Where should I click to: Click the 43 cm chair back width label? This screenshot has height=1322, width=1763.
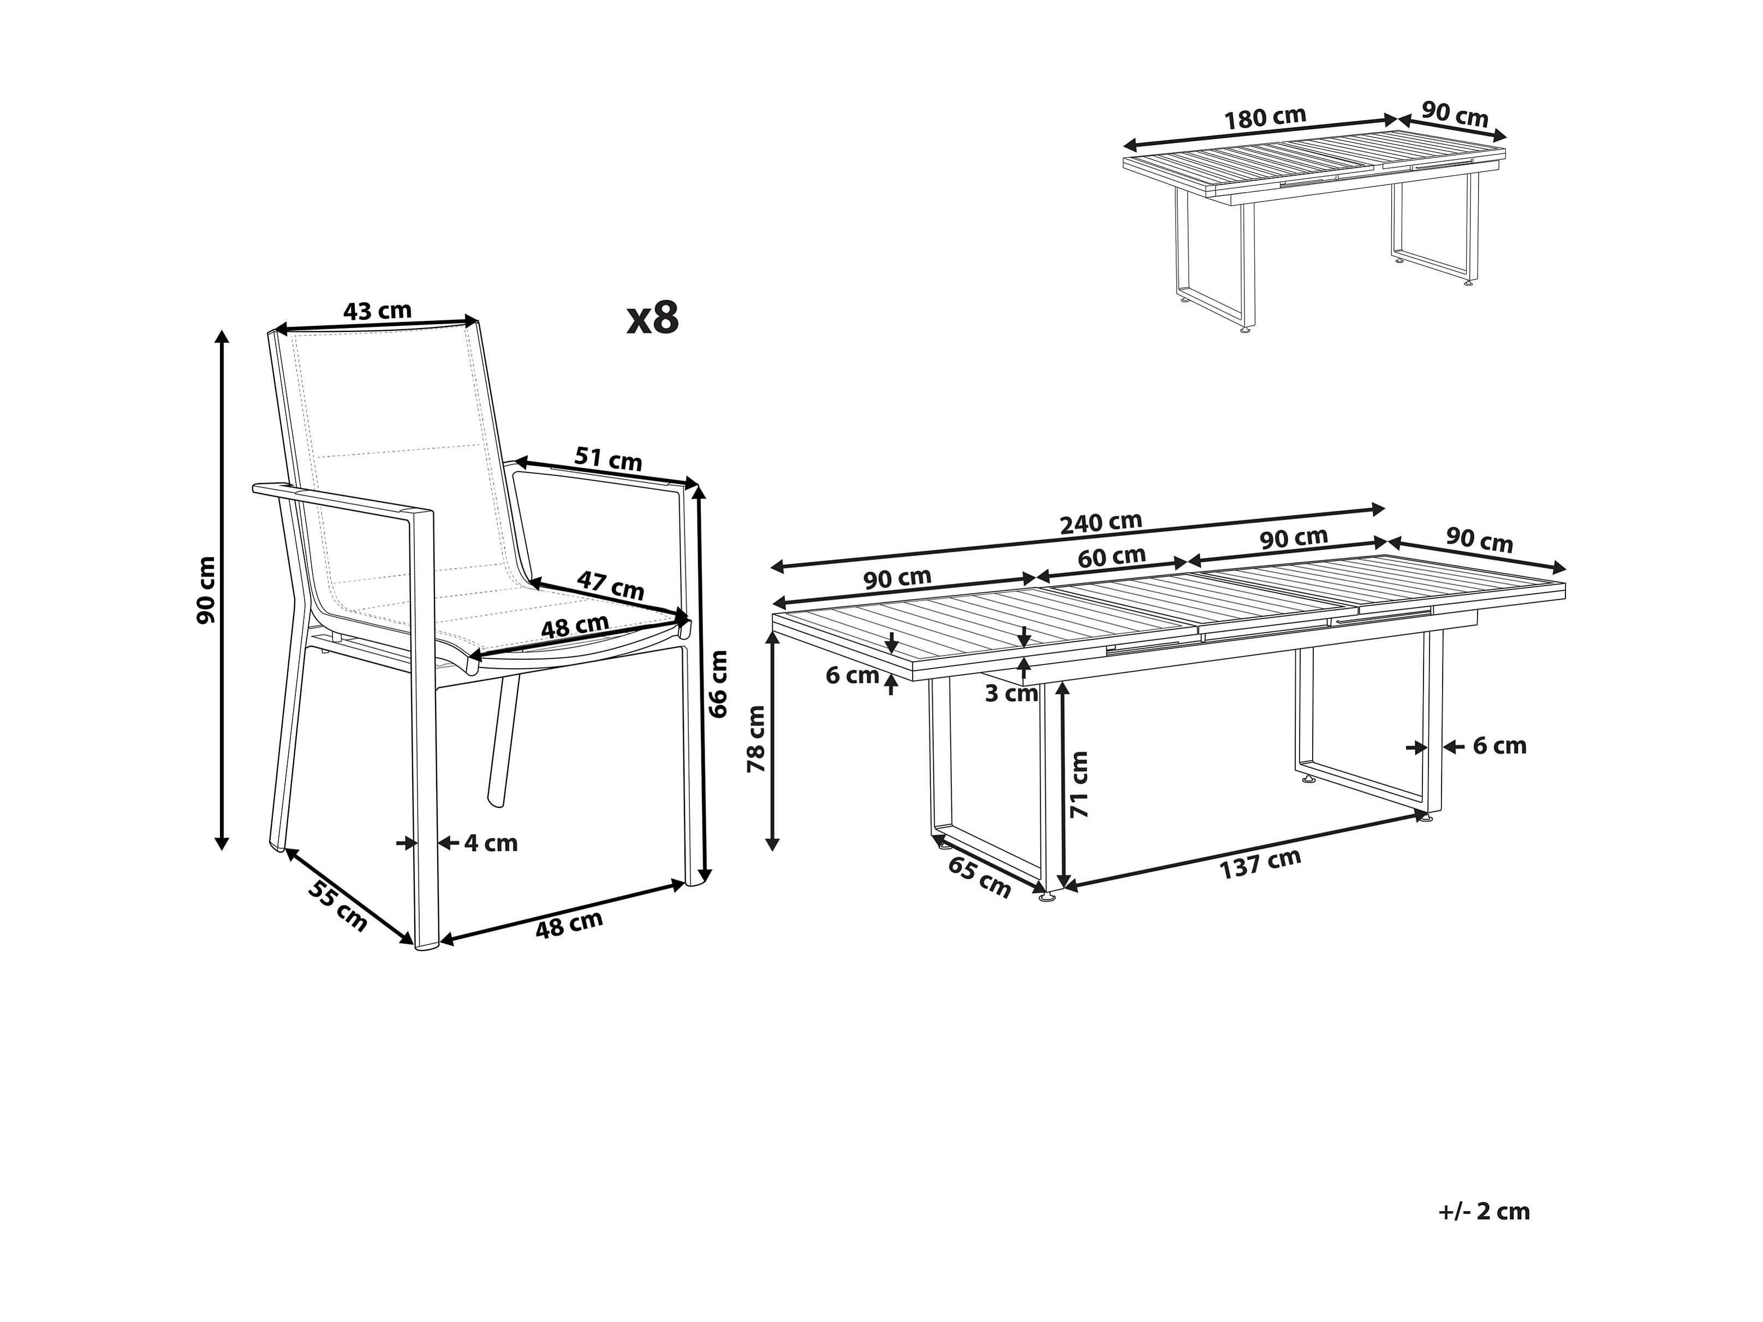[x=377, y=311]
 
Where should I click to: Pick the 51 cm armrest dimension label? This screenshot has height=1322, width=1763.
[x=608, y=459]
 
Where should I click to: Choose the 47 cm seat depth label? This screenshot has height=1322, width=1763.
[x=611, y=586]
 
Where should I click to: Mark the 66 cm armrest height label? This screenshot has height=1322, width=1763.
[x=718, y=684]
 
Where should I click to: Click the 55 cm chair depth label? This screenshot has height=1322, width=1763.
[x=338, y=906]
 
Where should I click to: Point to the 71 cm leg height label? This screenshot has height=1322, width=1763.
[x=1079, y=784]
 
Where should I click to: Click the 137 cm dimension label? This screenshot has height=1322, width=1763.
[x=1260, y=864]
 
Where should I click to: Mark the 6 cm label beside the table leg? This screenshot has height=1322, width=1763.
[x=1499, y=747]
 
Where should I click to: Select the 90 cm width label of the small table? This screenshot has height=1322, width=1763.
[x=1455, y=115]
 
